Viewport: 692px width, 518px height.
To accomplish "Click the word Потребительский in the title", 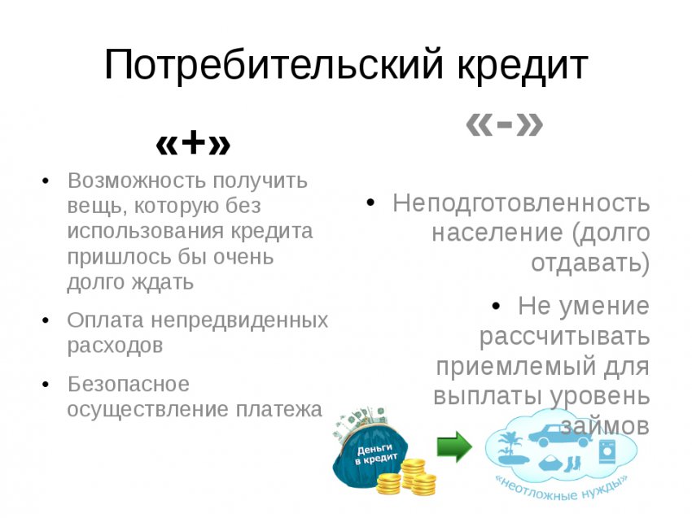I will [272, 66].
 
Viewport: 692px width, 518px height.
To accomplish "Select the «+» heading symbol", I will [193, 144].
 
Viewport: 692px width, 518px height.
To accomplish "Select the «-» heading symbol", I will [504, 124].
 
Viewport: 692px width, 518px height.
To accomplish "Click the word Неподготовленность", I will [521, 202].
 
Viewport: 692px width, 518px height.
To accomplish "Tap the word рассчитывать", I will [564, 336].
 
